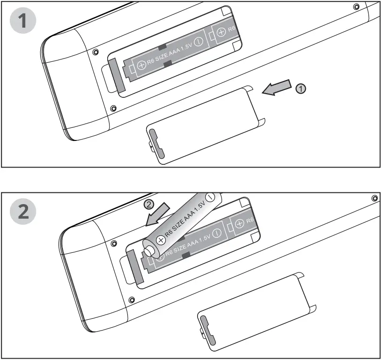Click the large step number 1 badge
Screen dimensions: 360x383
tap(21, 21)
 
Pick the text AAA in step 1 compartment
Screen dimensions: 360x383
tap(172, 53)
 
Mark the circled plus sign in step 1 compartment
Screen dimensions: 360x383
tap(142, 65)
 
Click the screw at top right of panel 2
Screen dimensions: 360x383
tap(374, 197)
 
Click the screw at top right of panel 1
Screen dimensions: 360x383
tap(357, 7)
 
